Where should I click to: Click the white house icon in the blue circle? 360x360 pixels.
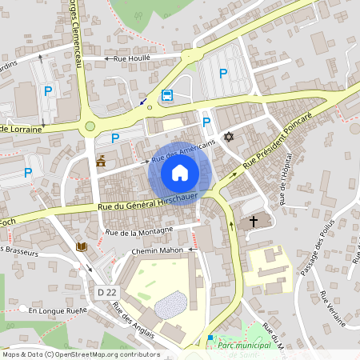tap(180, 173)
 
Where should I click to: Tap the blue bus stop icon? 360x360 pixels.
tap(167, 95)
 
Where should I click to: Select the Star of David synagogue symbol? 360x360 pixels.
tap(228, 137)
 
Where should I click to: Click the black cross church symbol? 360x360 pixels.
tap(254, 221)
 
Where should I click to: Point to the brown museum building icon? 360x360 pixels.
tap(101, 162)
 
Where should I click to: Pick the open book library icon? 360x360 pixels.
tap(81, 247)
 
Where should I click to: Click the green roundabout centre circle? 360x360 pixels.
tap(90, 126)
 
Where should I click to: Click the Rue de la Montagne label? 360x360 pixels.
tap(138, 232)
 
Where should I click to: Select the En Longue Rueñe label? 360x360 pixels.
tap(58, 310)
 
